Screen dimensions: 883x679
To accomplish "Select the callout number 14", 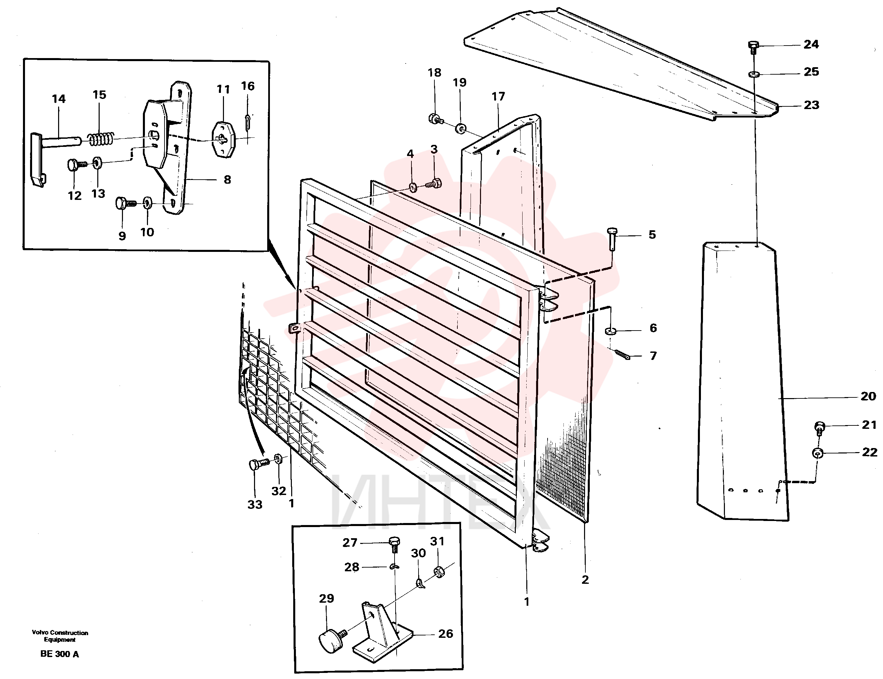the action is (x=59, y=99).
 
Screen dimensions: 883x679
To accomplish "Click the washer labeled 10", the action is (x=148, y=203).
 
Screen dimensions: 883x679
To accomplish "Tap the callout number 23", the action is (x=811, y=105).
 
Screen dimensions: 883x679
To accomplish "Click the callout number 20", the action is (x=868, y=396).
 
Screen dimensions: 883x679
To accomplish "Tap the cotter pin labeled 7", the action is (x=622, y=354).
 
